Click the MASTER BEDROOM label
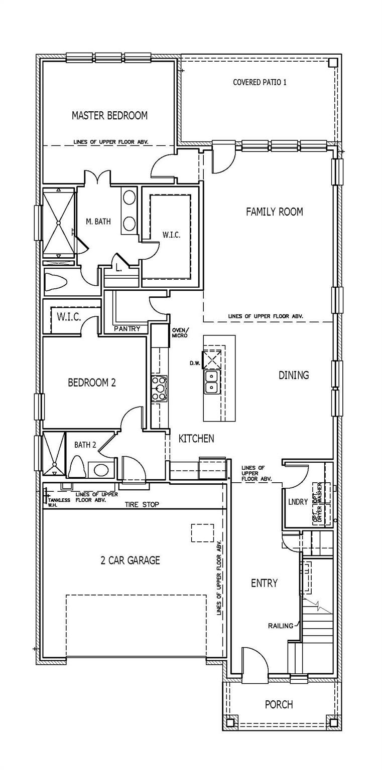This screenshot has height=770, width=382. pos(109,115)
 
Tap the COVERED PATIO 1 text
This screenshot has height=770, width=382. pos(260,83)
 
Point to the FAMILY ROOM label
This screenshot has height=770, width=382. pos(274,212)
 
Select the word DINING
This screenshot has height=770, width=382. pos(294,375)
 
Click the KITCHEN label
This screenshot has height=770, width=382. pos(196,438)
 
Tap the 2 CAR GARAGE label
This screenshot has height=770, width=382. pos(131,560)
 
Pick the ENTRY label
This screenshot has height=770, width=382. pos(264,583)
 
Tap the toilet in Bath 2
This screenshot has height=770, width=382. pos(77,467)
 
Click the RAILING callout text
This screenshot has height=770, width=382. pos(281,626)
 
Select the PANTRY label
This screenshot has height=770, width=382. pos(128,329)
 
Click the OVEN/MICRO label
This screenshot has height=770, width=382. pos(180,333)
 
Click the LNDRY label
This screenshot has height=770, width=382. pos(298,502)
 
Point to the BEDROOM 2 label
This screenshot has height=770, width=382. pos(92,382)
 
